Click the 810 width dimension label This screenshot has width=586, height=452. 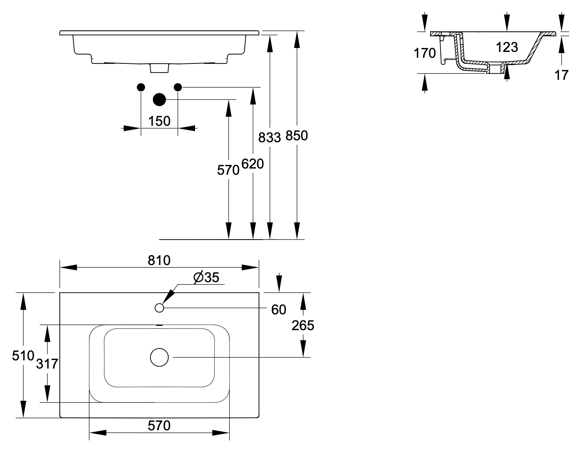click(x=159, y=260)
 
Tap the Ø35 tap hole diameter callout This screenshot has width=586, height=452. click(x=206, y=278)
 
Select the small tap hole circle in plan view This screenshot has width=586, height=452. click(x=159, y=308)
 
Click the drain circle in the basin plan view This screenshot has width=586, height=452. click(x=159, y=357)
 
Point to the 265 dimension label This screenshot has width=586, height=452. click(x=303, y=326)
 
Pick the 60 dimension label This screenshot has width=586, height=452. click(x=279, y=310)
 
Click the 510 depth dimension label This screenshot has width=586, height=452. click(x=23, y=355)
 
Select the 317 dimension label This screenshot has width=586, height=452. click(x=47, y=364)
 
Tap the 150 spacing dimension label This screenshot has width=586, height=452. click(x=159, y=121)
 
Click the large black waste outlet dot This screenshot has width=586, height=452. click(x=159, y=100)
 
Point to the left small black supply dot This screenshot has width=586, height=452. click(x=141, y=87)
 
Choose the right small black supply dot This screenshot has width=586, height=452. click(x=178, y=87)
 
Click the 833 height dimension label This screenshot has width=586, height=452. click(x=270, y=138)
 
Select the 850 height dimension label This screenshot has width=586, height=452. click(x=297, y=136)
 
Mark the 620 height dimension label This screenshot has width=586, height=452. click(x=253, y=164)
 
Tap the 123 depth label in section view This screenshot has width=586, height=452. click(x=507, y=47)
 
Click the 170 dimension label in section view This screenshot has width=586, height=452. click(x=425, y=53)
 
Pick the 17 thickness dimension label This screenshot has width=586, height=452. click(x=561, y=75)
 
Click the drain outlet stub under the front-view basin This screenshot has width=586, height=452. click(x=159, y=68)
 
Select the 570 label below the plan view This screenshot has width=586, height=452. click(x=159, y=426)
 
